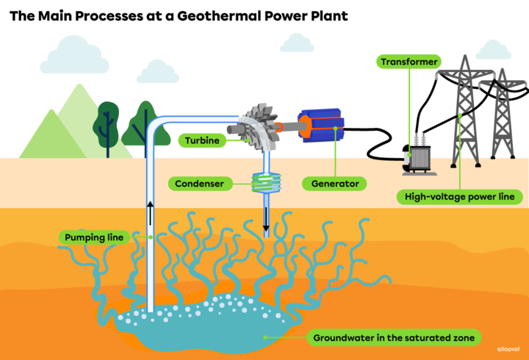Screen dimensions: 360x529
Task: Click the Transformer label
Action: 409,62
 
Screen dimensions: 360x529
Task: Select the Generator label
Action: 335,182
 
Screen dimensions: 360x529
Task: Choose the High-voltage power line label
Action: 459,196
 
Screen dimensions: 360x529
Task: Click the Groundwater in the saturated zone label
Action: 397,338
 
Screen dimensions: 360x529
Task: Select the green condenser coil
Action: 264,183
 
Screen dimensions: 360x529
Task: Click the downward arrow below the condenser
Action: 266,220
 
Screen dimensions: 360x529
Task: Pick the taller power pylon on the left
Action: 464,110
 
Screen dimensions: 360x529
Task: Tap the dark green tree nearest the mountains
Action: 108,121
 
